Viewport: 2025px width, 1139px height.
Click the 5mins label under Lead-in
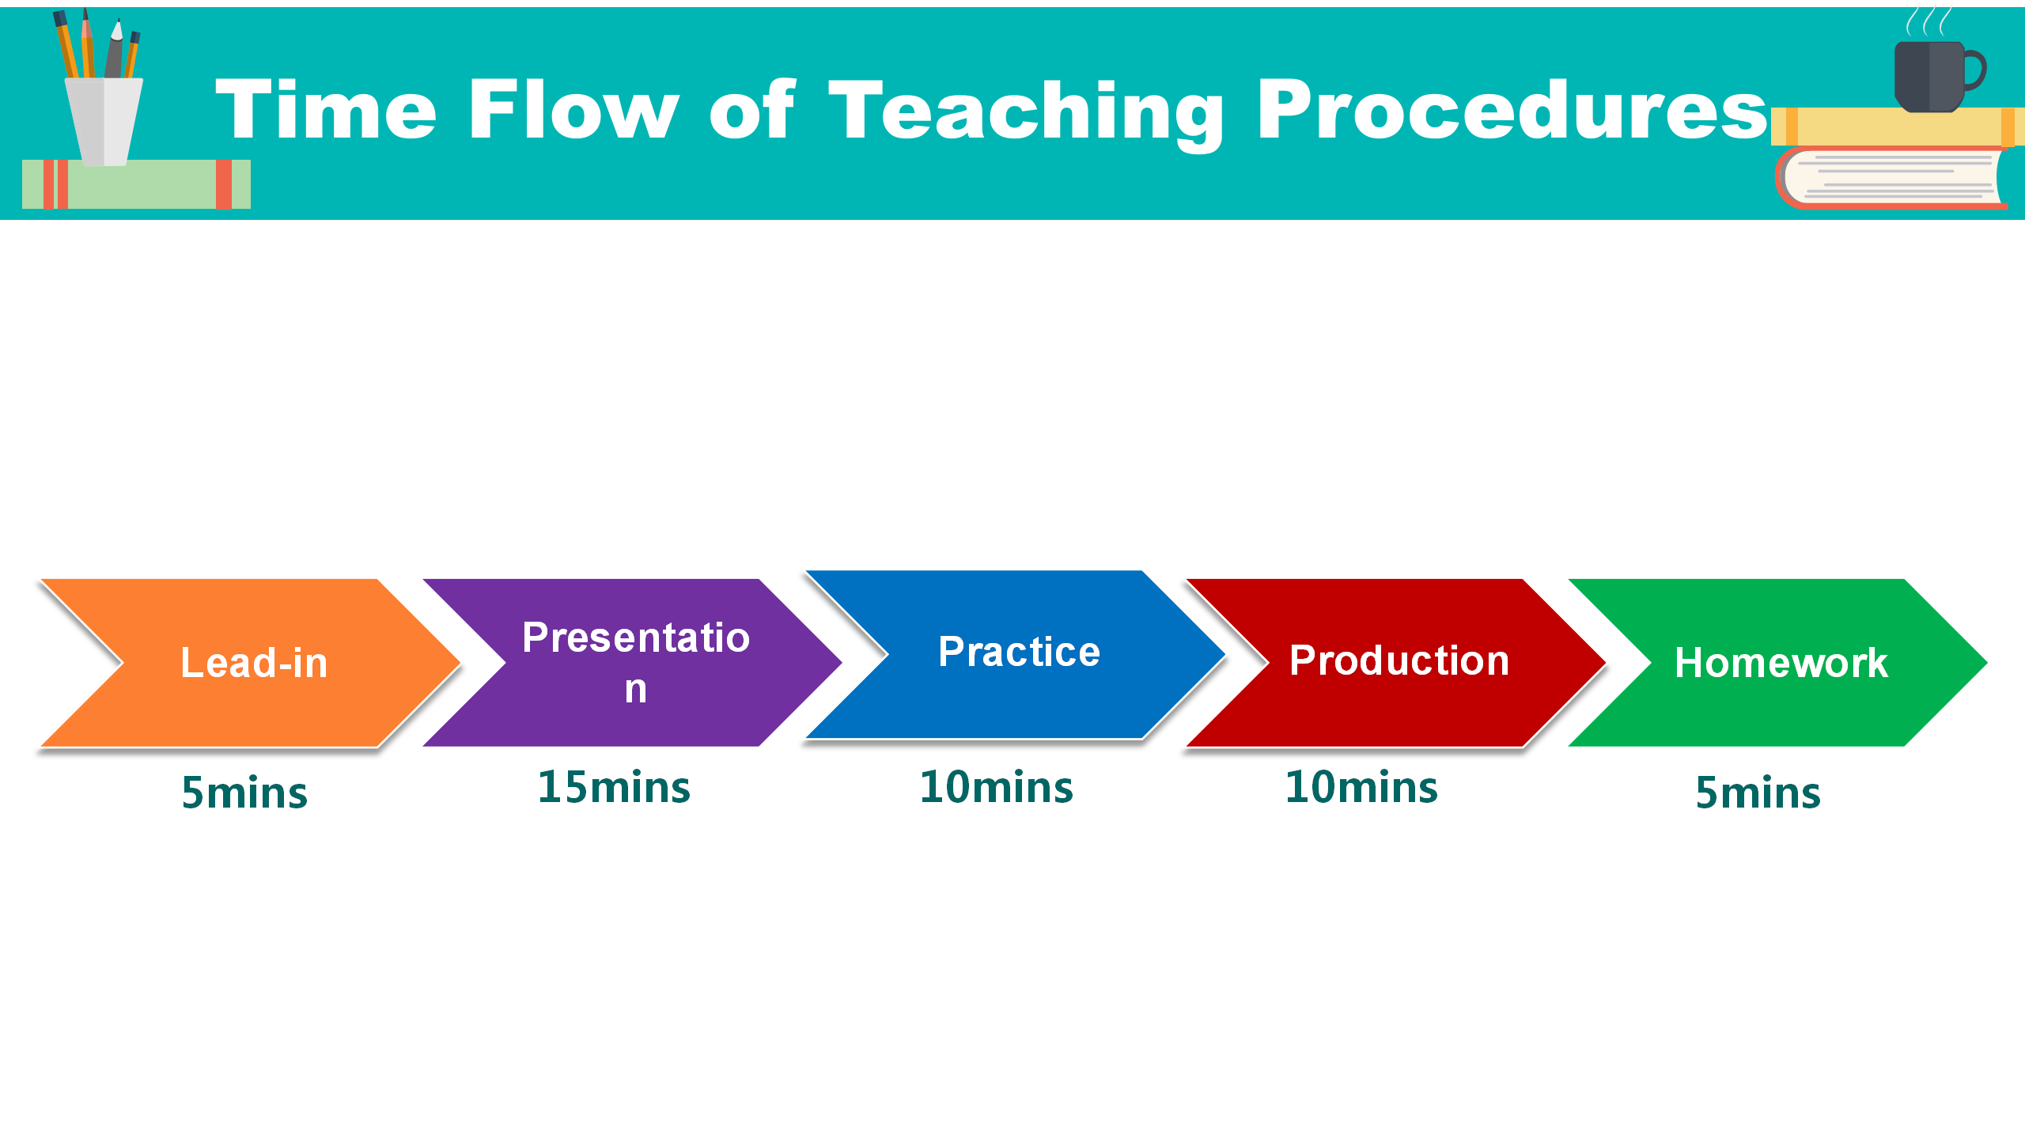(x=244, y=792)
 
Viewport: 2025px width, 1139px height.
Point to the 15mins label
(x=614, y=787)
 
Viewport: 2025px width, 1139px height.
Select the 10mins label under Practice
(x=997, y=787)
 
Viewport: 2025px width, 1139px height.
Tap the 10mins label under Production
(x=1361, y=787)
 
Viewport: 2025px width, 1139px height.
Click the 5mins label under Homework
(x=1758, y=792)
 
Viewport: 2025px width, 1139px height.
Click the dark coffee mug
(x=1938, y=76)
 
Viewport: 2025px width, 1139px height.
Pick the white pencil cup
(x=104, y=122)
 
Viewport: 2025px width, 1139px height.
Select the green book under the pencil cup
(x=136, y=184)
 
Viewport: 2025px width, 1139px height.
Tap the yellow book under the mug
(x=1897, y=127)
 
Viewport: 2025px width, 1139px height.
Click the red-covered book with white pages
(x=1892, y=178)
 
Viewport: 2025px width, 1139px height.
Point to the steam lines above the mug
(x=1928, y=21)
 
